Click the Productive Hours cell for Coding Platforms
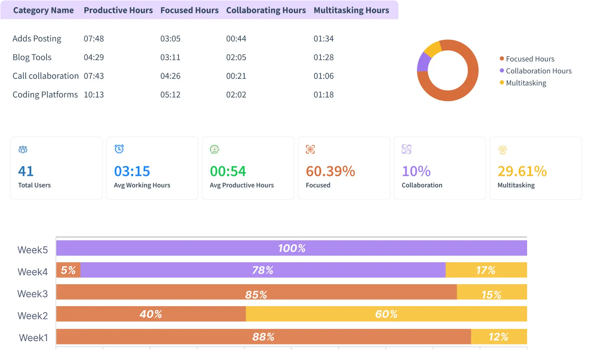(94, 95)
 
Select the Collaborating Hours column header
(266, 10)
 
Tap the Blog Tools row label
(32, 57)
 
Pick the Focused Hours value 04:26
(170, 76)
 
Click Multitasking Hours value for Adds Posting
(323, 39)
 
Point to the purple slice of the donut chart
(423, 62)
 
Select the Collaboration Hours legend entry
(538, 71)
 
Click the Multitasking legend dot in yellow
(502, 83)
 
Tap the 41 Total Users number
(26, 171)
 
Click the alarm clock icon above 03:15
(119, 149)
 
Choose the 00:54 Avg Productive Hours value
(228, 171)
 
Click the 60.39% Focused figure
(330, 171)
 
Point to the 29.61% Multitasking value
(522, 171)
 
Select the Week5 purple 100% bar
(291, 248)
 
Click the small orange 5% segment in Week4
(68, 270)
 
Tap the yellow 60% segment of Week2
(386, 314)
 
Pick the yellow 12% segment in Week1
(499, 337)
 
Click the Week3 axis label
(33, 294)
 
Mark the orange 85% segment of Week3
(256, 292)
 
